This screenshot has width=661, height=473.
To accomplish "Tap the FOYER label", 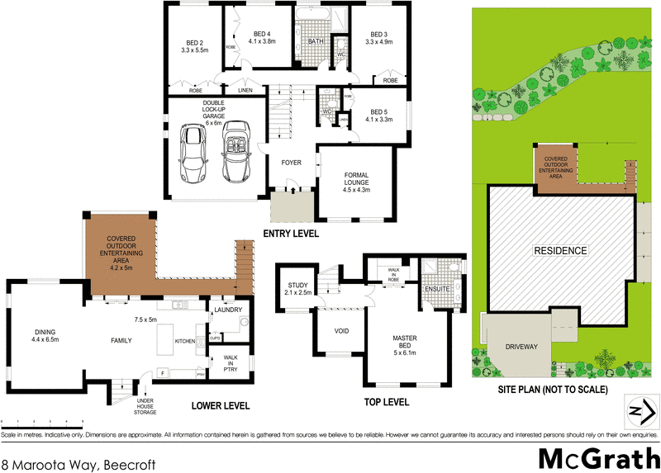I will pyautogui.click(x=291, y=163).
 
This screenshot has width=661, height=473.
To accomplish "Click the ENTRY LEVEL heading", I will pyautogui.click(x=291, y=234).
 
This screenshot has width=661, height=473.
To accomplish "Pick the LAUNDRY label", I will pyautogui.click(x=228, y=310).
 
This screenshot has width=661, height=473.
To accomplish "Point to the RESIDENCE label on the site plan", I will pyautogui.click(x=559, y=251).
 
